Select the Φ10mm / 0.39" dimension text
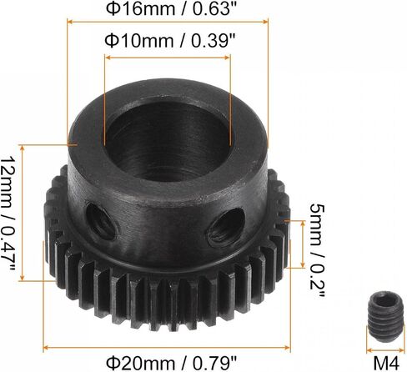(x=169, y=41)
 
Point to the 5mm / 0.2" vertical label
(x=317, y=250)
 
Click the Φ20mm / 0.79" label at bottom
(x=172, y=363)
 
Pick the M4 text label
(x=386, y=363)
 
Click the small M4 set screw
(x=385, y=316)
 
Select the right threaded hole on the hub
(x=226, y=227)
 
